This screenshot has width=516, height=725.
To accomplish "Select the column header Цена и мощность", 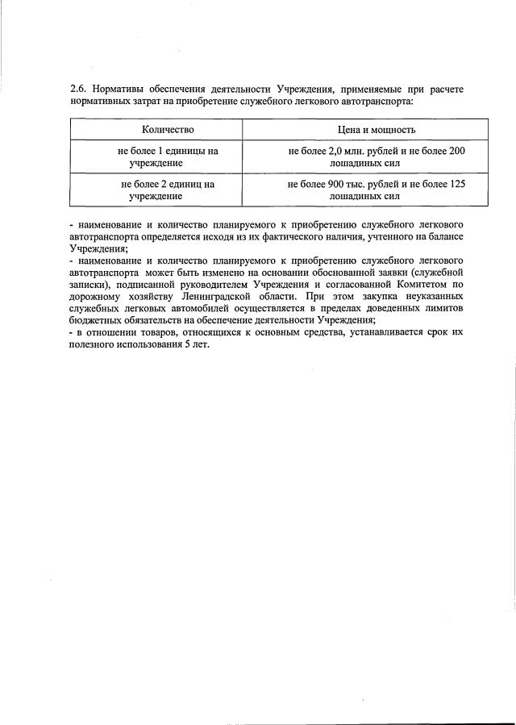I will (x=377, y=129).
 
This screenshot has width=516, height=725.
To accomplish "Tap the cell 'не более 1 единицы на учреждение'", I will (x=168, y=156).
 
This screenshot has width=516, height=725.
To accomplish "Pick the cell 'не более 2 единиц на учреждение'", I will (x=168, y=190).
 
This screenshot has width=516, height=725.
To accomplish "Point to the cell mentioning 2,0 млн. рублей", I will (x=377, y=156).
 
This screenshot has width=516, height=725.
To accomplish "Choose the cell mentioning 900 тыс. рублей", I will (x=377, y=190).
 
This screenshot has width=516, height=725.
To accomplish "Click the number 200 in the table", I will (x=457, y=151).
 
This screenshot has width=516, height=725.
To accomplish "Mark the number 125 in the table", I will (x=457, y=184).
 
